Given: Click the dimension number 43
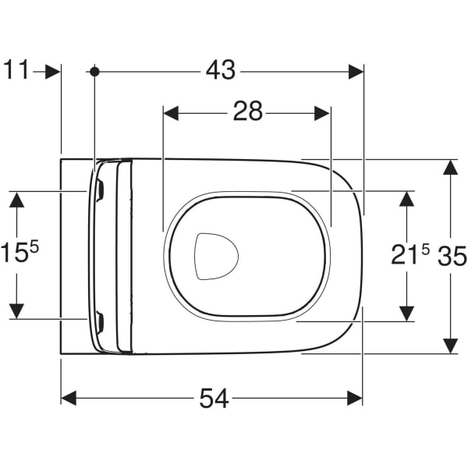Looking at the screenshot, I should pos(221,71).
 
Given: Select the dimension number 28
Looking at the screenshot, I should pos(247,113).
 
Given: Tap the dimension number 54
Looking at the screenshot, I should pos(214,399).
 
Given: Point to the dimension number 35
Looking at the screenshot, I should pos(452,255).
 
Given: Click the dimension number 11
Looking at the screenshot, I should pos(16,71).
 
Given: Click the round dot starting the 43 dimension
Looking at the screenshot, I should pos(94,71).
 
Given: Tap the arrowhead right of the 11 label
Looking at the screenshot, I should pos(53,71).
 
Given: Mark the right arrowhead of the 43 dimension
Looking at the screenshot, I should pos(356,71).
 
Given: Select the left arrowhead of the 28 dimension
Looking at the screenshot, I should pos(171,113).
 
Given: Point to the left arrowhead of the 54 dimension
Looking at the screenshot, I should pos(69,399).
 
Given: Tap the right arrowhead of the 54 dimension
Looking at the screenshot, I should pos(355,399).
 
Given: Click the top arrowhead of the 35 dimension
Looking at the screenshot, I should pos(450,168).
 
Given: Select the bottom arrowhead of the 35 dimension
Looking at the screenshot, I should pos(450,345).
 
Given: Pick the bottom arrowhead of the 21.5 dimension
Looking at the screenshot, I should pos(406,312).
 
